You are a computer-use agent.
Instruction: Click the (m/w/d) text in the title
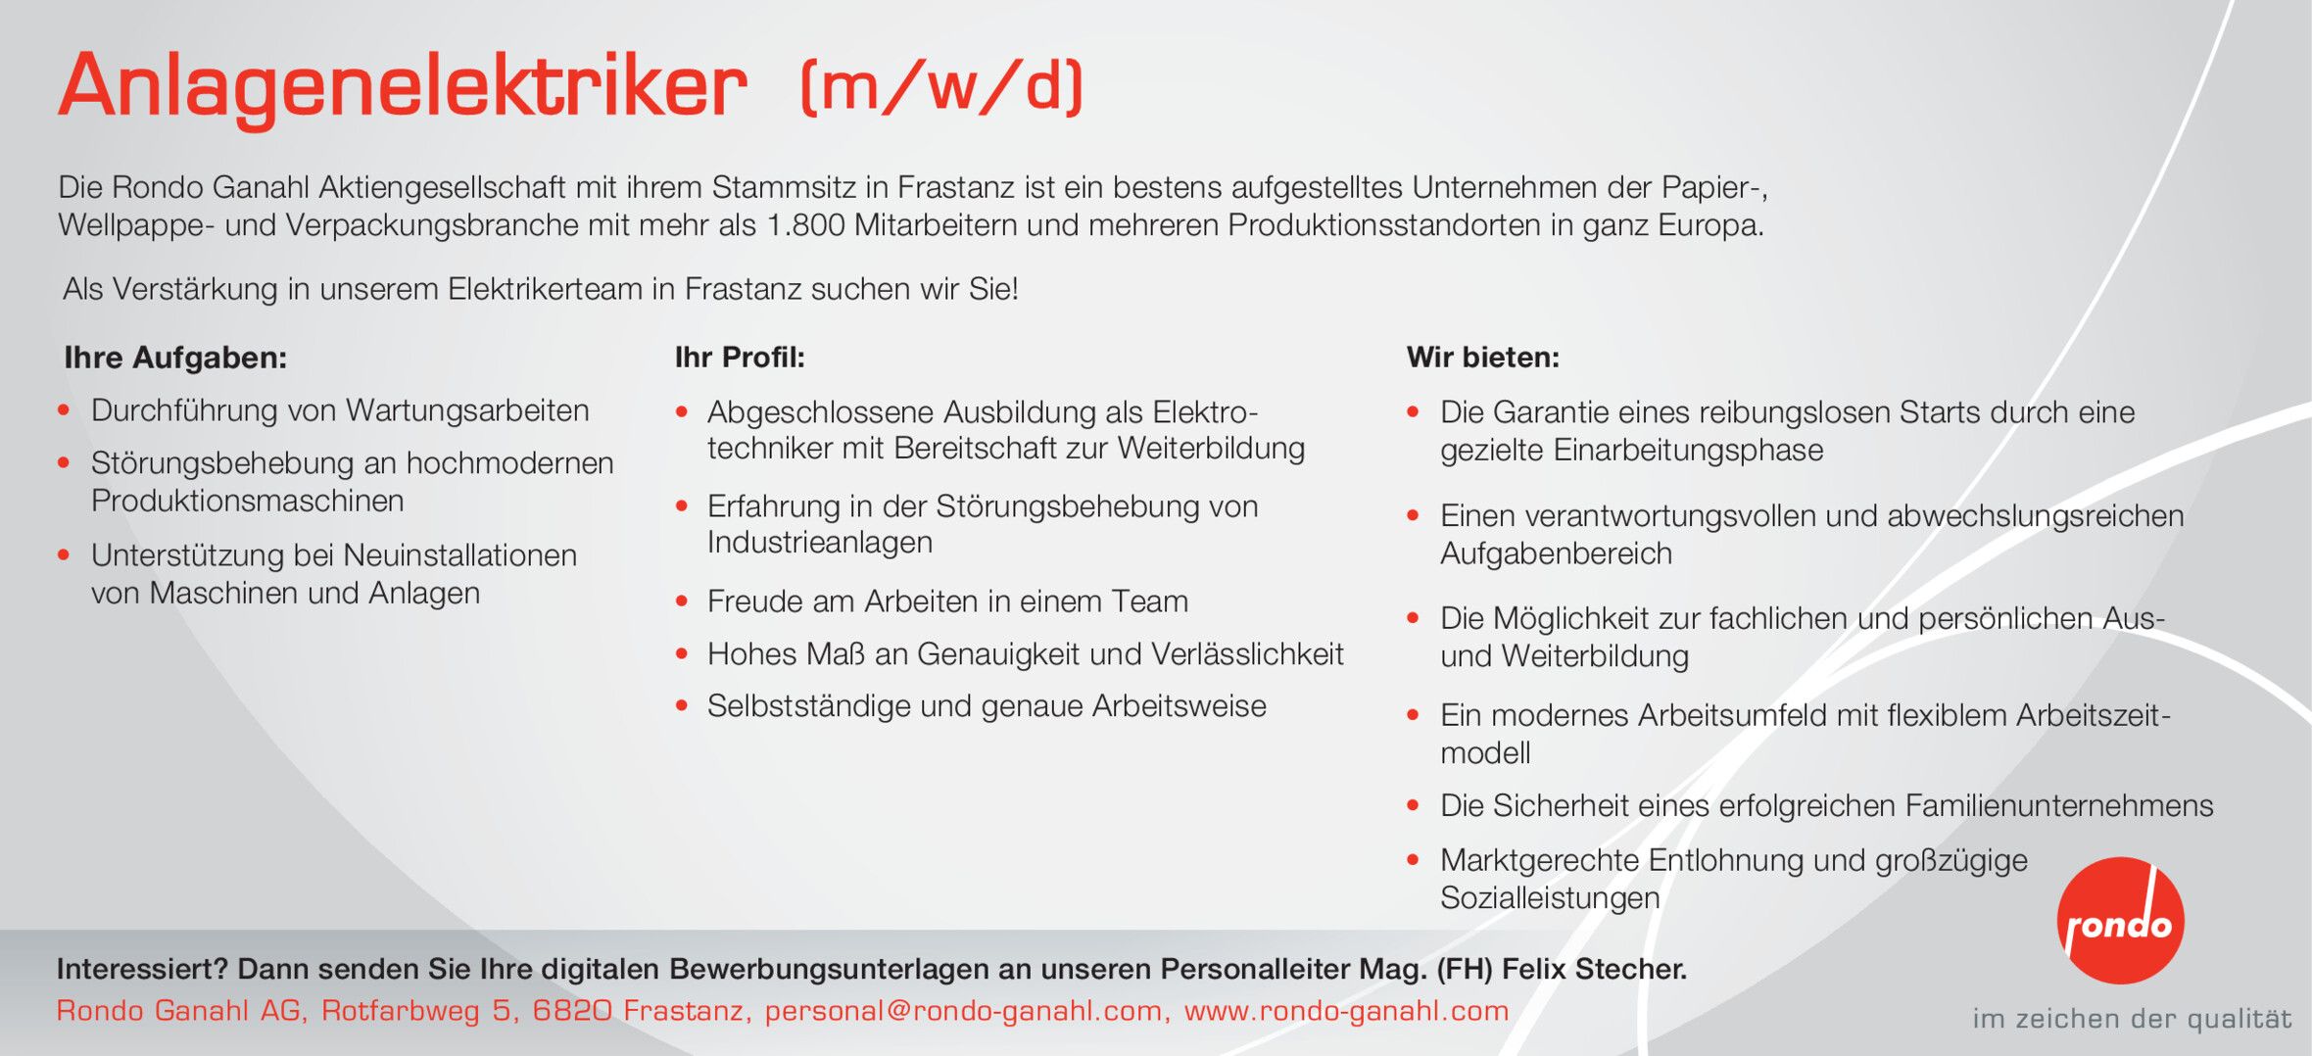[x=942, y=86]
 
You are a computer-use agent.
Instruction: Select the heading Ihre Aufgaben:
[x=175, y=358]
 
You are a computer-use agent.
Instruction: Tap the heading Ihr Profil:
[x=740, y=358]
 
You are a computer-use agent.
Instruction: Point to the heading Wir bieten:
[x=1482, y=358]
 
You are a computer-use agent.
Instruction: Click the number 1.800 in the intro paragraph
[x=805, y=225]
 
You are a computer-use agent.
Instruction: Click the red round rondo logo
[x=2120, y=920]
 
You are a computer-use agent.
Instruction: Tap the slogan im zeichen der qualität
[x=2132, y=1019]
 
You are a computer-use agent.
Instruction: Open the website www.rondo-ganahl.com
[x=1346, y=1010]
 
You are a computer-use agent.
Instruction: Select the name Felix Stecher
[x=1594, y=969]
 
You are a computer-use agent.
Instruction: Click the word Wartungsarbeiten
[x=468, y=411]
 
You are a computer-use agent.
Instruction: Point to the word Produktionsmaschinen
[x=248, y=501]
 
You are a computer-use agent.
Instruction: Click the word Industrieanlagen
[x=820, y=543]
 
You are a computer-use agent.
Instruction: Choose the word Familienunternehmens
[x=2059, y=805]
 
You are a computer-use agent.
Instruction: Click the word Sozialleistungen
[x=1550, y=897]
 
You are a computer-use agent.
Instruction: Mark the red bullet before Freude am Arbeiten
[x=682, y=601]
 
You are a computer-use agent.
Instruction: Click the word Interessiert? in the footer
[x=142, y=969]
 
